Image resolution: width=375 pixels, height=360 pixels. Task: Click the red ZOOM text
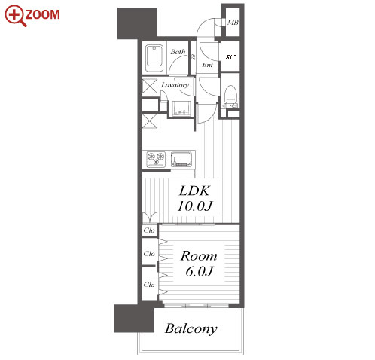(x=42, y=14)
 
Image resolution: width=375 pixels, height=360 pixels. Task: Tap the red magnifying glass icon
(x=15, y=16)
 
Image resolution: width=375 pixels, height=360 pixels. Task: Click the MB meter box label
(x=233, y=23)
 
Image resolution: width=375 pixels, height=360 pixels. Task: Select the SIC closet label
(x=231, y=57)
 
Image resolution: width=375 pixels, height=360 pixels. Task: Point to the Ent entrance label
(x=207, y=65)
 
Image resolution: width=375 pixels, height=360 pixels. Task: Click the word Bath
(x=178, y=52)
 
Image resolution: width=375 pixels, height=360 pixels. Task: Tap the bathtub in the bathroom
(x=154, y=59)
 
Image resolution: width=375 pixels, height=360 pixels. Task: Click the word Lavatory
(x=175, y=85)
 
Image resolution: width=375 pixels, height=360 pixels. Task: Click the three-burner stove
(x=156, y=160)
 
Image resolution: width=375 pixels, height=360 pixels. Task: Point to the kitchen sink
(x=181, y=159)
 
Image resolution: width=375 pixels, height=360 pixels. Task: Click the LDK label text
(x=194, y=191)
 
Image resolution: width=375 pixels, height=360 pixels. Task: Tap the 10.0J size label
(x=195, y=206)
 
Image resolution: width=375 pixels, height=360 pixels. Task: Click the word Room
(x=199, y=256)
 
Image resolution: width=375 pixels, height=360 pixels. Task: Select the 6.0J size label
(x=200, y=271)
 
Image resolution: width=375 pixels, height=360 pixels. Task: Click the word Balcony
(x=191, y=329)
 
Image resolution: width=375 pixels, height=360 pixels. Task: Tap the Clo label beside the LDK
(x=149, y=230)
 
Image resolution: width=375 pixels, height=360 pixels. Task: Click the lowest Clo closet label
(x=149, y=285)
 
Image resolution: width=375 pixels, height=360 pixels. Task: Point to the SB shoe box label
(x=194, y=57)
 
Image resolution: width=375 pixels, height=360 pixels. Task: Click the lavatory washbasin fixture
(x=181, y=108)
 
